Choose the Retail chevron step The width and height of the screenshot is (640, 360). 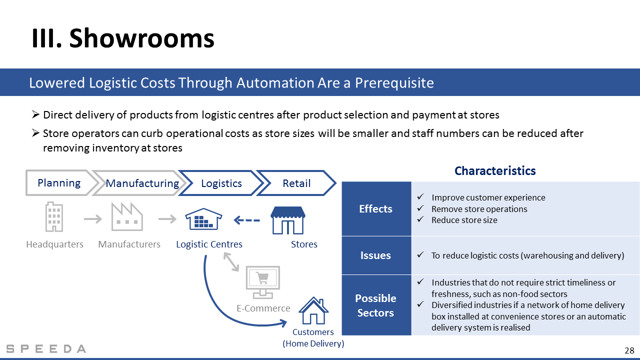click(x=296, y=183)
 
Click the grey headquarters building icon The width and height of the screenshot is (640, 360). click(x=54, y=217)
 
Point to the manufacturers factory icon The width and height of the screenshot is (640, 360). click(x=127, y=217)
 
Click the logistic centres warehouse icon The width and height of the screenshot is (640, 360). click(x=203, y=219)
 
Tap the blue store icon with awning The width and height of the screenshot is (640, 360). click(x=288, y=220)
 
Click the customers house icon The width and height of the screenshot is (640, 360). click(x=313, y=310)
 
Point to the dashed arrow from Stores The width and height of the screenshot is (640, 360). click(x=247, y=220)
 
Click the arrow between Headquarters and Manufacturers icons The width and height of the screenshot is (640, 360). click(x=93, y=219)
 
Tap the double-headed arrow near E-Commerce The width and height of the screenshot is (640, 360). click(x=231, y=261)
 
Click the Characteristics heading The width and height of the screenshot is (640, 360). click(x=495, y=171)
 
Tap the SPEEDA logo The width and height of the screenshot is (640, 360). click(x=46, y=349)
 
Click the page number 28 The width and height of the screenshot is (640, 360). click(x=629, y=350)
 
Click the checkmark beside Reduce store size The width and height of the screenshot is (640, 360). click(x=420, y=219)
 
